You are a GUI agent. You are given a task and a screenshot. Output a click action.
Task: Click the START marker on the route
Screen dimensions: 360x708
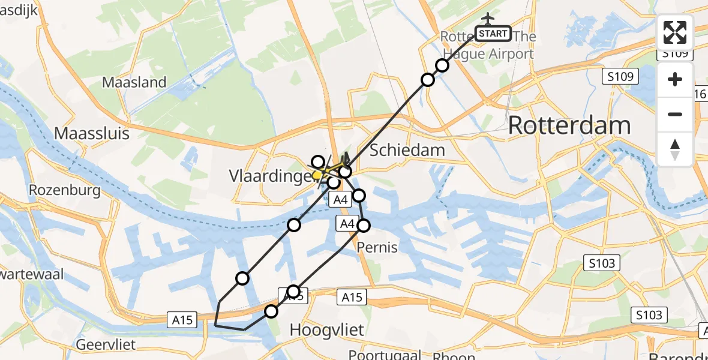(x=493, y=34)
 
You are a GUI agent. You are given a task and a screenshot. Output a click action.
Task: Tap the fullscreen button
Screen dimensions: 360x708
(x=675, y=32)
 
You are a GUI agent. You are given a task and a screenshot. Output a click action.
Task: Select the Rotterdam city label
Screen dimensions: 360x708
(x=569, y=126)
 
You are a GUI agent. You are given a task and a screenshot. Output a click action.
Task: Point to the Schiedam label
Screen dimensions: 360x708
(x=407, y=150)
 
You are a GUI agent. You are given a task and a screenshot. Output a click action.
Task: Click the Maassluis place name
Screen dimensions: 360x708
(x=92, y=133)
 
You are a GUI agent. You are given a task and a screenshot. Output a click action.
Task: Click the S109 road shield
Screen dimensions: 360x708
(x=620, y=76)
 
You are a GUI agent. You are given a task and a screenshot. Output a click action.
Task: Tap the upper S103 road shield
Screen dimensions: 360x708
(x=601, y=262)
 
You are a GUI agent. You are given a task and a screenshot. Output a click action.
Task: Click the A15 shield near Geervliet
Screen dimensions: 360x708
(x=181, y=320)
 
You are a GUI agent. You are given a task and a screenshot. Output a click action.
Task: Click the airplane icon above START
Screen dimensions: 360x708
(x=487, y=17)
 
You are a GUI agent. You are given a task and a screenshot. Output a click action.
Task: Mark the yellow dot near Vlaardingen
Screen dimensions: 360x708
(x=316, y=176)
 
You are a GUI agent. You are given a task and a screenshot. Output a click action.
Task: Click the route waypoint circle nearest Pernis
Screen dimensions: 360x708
(x=364, y=225)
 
